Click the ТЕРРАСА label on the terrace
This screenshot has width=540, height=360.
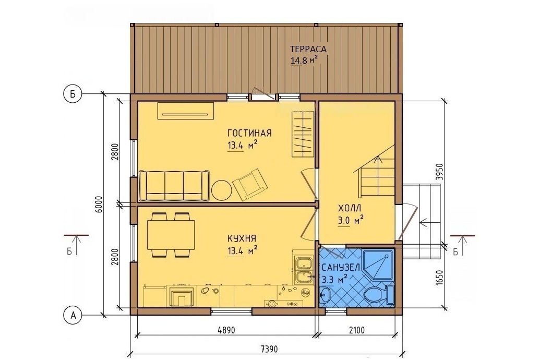point(308,49)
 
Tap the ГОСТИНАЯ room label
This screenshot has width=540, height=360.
point(249,133)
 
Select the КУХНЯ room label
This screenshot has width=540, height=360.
point(242,238)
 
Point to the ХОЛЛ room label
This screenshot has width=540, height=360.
point(350,208)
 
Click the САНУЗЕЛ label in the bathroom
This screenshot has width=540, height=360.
point(341,268)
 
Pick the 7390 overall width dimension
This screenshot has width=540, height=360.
point(269,349)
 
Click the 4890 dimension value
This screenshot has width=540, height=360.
point(226,330)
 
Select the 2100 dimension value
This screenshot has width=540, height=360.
point(356,330)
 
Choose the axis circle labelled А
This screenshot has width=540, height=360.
point(73,315)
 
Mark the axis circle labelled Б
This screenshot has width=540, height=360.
point(73,94)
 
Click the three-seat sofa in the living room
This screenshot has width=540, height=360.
point(174,185)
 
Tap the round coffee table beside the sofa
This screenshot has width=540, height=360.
point(221,190)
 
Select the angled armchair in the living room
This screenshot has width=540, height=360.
point(250,184)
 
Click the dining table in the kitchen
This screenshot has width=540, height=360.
point(171,235)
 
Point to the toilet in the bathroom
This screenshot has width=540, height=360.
point(375,295)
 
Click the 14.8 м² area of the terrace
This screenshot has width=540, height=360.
point(304,61)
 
